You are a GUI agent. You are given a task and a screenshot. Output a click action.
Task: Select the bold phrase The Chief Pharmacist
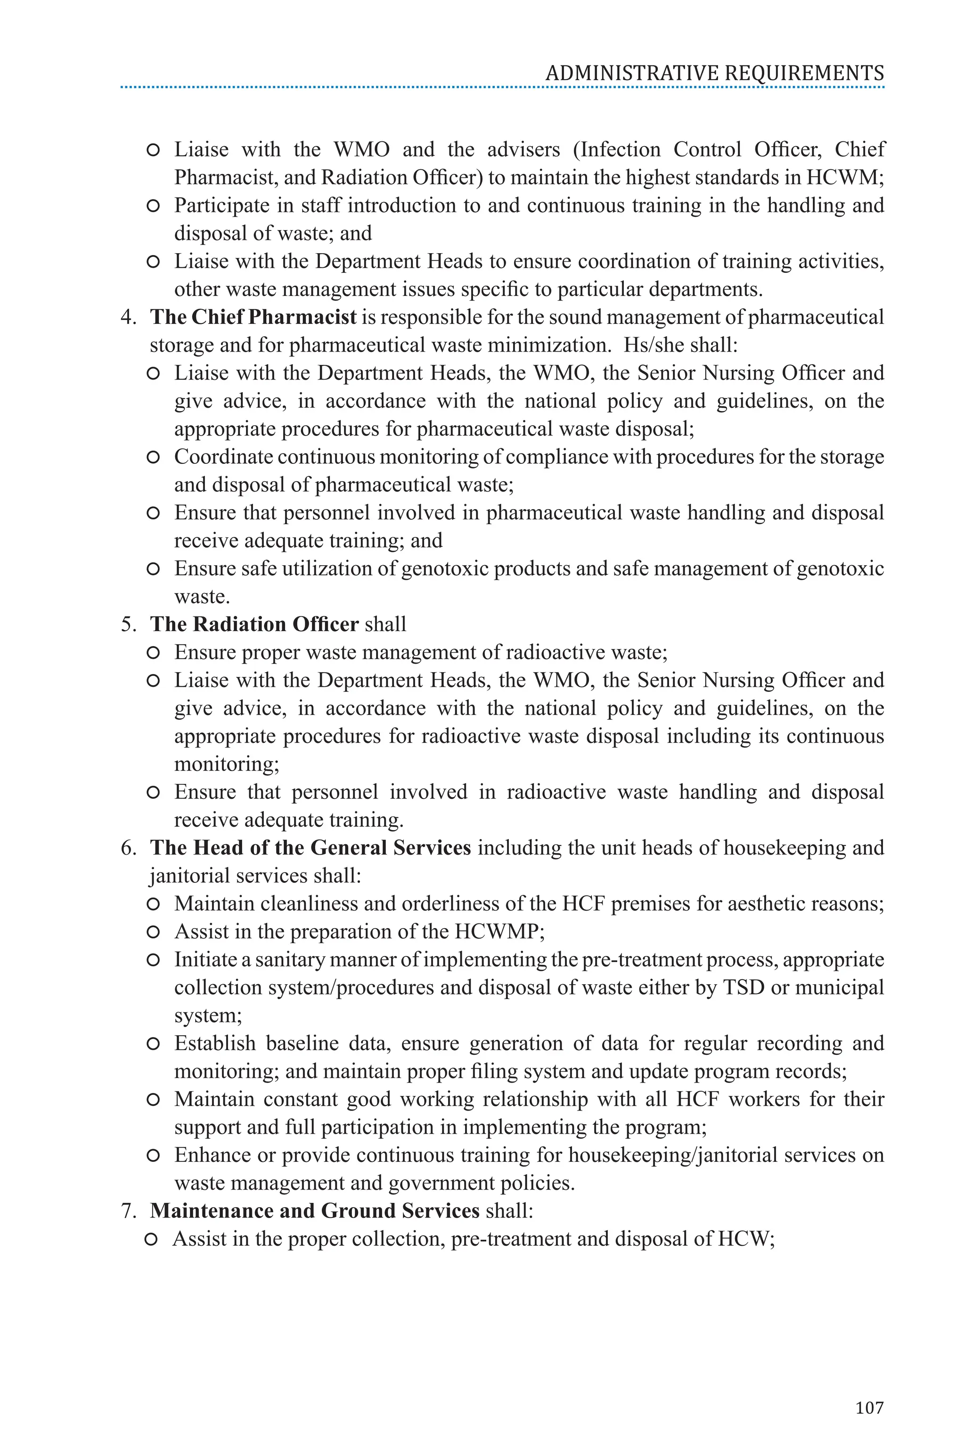click(x=253, y=317)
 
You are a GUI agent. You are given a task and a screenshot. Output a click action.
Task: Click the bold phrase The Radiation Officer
click(x=254, y=624)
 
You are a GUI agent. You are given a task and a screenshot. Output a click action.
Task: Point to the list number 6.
click(x=128, y=848)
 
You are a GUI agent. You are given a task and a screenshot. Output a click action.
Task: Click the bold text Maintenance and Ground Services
click(x=314, y=1211)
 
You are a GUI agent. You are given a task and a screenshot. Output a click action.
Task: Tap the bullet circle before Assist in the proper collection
click(x=151, y=1239)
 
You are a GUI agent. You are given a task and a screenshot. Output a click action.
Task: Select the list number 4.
click(x=128, y=317)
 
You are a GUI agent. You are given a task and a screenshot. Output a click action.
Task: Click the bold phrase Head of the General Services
click(x=332, y=848)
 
